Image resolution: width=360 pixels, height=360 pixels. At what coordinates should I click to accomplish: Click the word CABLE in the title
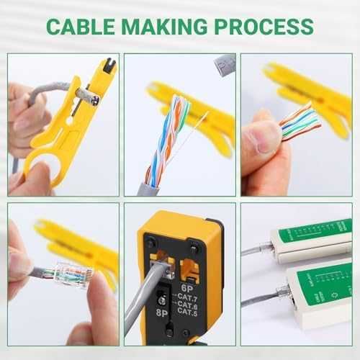point(80,27)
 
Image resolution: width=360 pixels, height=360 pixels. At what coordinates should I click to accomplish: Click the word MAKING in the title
point(171,27)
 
